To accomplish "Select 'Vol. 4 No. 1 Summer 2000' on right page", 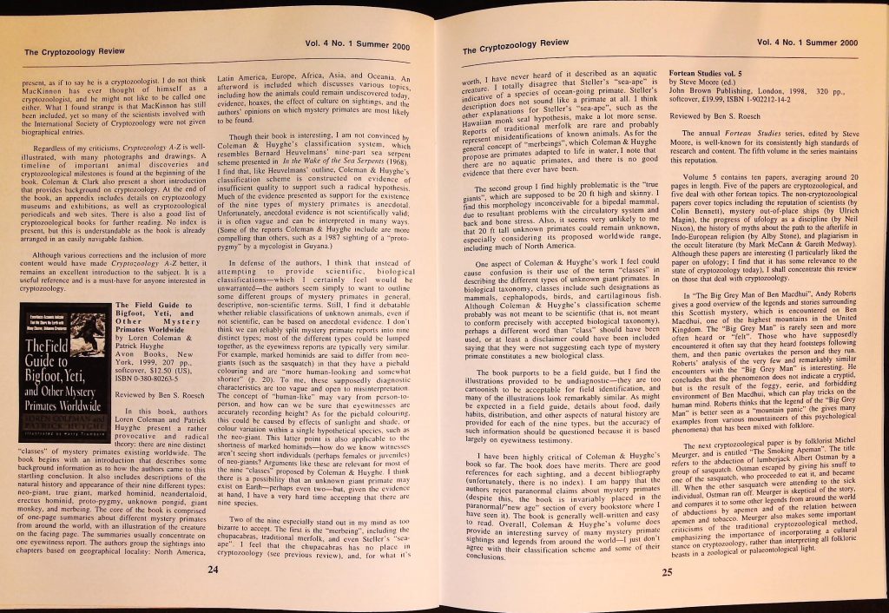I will pyautogui.click(x=807, y=41).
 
